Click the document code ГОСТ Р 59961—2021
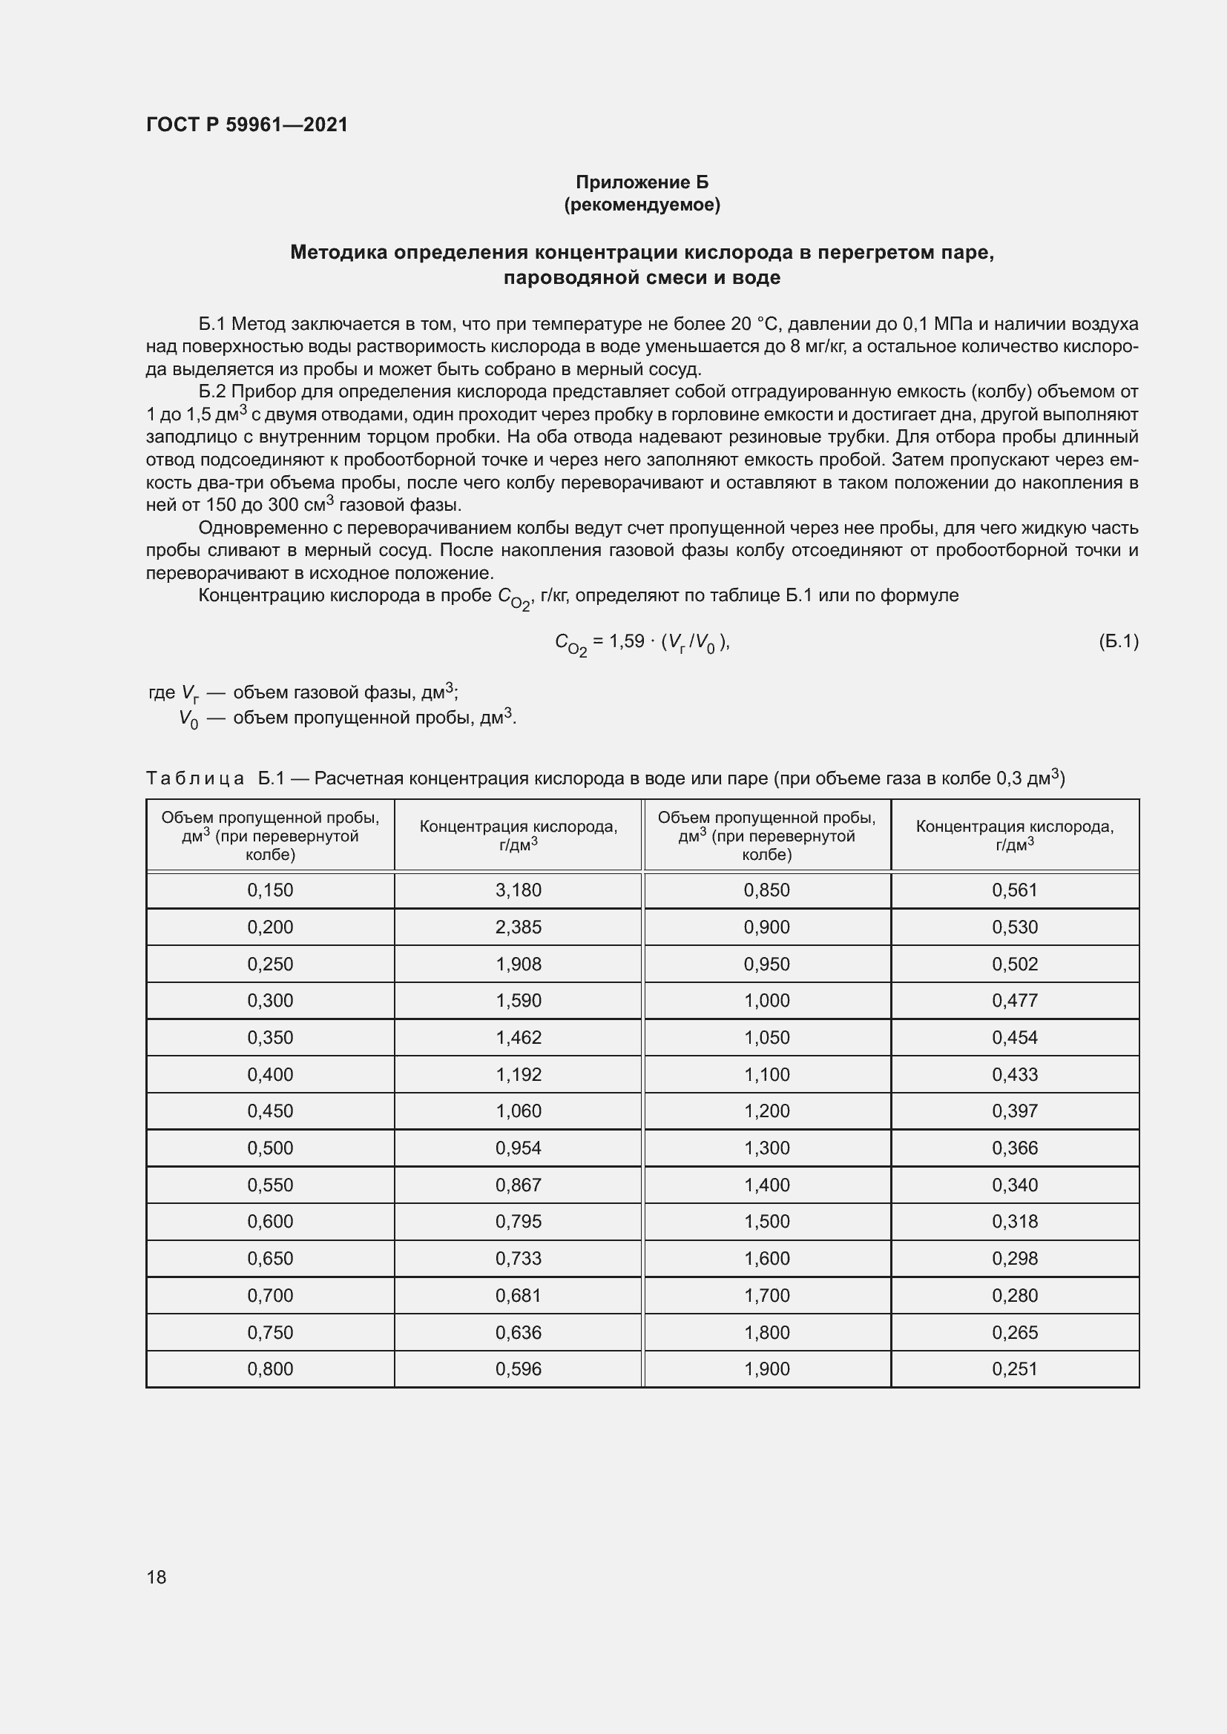247,125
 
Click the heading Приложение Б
642,182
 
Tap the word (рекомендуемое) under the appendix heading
642,205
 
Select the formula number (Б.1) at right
1118,641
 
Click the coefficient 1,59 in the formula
626,641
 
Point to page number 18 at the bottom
157,1577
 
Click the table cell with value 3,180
519,890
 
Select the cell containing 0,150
270,890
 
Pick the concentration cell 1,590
519,1000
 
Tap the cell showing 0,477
1015,1000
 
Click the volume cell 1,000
766,1000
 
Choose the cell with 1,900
766,1369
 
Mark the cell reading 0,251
1015,1369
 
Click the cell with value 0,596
519,1369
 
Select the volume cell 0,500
270,1148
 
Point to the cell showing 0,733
519,1258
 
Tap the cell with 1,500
766,1221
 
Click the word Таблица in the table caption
195,778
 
